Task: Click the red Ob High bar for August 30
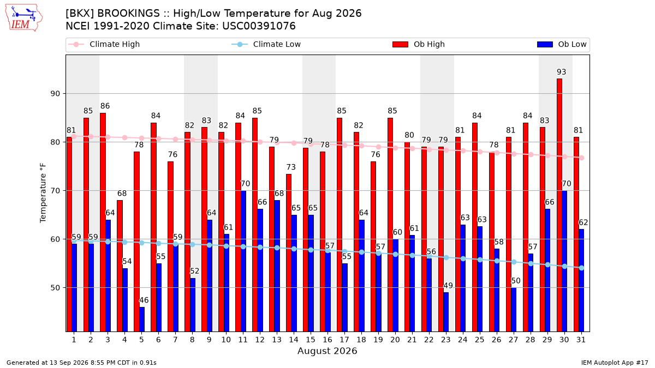coord(559,205)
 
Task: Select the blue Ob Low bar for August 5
coord(142,319)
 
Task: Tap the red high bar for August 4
coord(120,266)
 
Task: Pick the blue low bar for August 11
coord(243,261)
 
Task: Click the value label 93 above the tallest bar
coord(561,72)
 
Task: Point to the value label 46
coord(144,300)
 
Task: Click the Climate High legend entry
coord(104,44)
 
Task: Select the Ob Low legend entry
coord(562,44)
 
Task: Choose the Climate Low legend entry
coord(266,44)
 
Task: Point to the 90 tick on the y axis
coord(55,94)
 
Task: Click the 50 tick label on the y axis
coord(55,288)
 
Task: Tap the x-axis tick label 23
coord(445,340)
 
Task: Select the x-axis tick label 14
coord(294,340)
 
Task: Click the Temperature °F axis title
coord(43,193)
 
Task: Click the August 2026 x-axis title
coord(327,351)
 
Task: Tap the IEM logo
coord(24,18)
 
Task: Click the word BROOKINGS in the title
coord(128,14)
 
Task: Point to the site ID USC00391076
coord(259,26)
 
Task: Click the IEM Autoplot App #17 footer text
coord(615,363)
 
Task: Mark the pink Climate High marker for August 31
coord(581,158)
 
